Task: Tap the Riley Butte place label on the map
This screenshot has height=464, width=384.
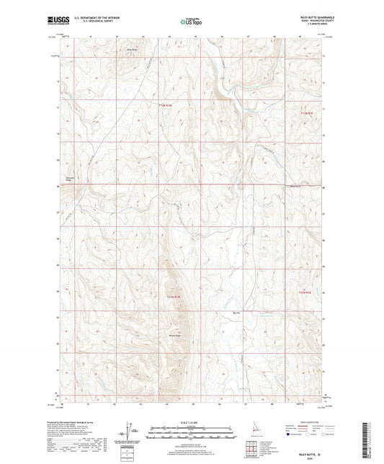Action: pos(132,49)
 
